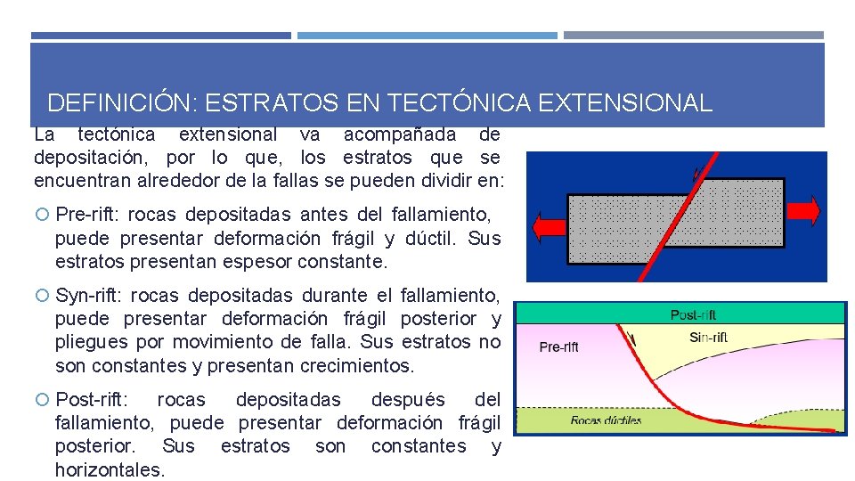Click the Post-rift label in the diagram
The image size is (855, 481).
[x=693, y=314]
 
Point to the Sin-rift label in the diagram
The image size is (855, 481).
[x=709, y=338]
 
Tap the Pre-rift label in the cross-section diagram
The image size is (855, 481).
[x=558, y=347]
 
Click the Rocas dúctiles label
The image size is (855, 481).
[x=606, y=420]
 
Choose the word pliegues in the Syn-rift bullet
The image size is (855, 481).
[x=89, y=342]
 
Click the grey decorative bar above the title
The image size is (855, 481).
[x=693, y=36]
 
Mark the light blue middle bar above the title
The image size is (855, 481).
[x=427, y=36]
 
